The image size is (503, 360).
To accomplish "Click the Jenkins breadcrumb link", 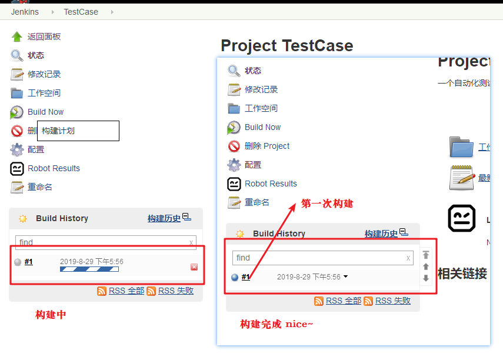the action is pos(25,12).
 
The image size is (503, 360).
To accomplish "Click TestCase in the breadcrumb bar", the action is pos(81,12).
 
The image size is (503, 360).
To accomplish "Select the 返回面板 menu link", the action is pos(44,36).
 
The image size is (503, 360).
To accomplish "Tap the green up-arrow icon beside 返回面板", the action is pos(16,36).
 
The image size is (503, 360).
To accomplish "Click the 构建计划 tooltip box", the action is pos(78,131).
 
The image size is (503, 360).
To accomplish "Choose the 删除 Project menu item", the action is pos(267,146).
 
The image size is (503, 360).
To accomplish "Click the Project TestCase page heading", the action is pos(287,45).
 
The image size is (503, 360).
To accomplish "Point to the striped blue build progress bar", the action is pos(89,269).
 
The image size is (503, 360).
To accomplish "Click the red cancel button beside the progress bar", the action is pos(194,267).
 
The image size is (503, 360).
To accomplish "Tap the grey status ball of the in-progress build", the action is pos(18,262).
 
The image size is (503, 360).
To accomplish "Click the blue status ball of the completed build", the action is pos(235,277).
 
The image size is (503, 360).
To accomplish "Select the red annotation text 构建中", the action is pos(51,315).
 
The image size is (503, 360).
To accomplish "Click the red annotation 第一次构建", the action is pos(327,204).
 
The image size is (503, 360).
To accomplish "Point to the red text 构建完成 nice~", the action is pos(277,324).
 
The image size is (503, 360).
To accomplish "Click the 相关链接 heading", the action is pos(462,274).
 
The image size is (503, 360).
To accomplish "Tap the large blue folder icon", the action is pos(461,147).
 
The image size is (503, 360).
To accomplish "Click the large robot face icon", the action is pos(462,218).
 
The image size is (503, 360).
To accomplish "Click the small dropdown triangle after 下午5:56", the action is pos(345,276).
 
